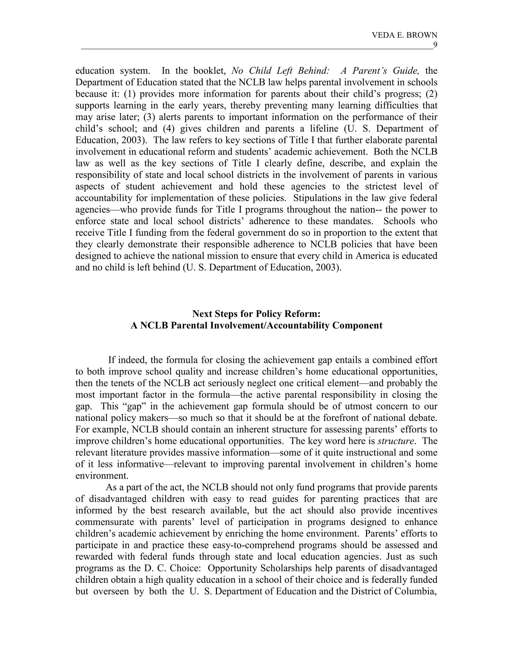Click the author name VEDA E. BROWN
(405, 35)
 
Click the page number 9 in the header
(435, 45)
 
